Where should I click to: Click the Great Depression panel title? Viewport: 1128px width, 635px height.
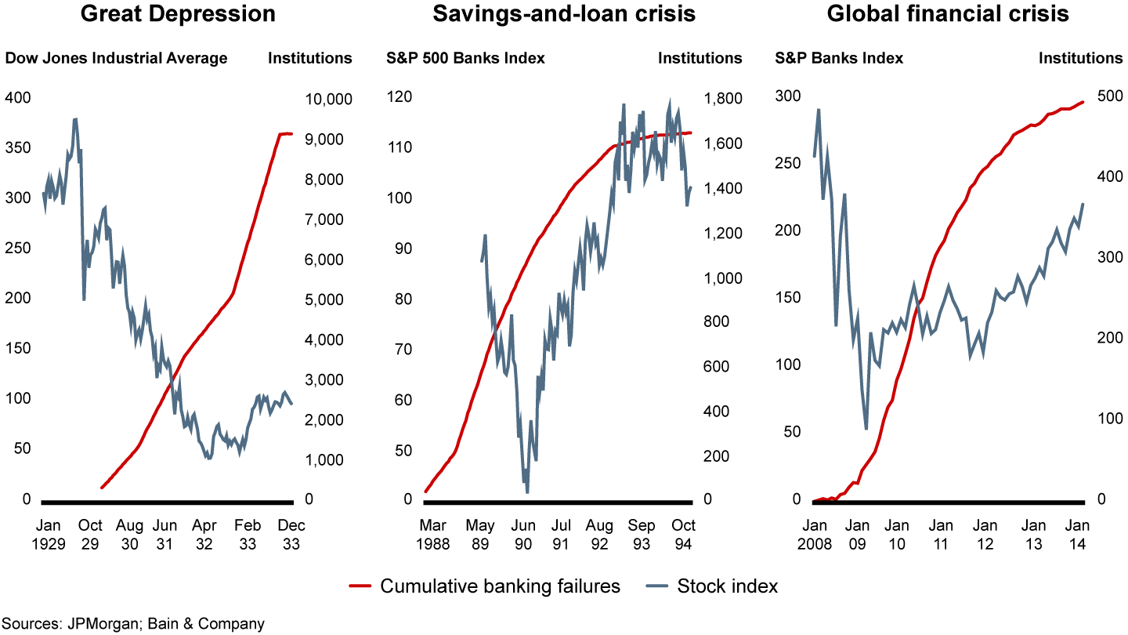[179, 13]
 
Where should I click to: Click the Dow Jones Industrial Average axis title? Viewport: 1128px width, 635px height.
[117, 58]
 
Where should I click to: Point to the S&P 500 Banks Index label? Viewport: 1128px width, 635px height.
[466, 58]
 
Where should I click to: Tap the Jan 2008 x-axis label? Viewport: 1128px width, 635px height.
[814, 533]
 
